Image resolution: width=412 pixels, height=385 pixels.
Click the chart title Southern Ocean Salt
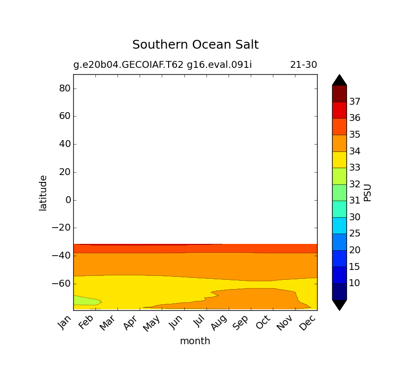[195, 45]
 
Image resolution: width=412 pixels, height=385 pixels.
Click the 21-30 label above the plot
[303, 64]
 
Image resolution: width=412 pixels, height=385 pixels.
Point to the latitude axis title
[43, 193]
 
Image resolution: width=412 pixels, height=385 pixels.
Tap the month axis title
[195, 341]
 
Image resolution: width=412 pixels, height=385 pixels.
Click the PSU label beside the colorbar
[367, 192]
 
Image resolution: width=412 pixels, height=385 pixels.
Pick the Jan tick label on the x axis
[65, 323]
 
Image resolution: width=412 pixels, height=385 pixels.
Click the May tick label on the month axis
[153, 323]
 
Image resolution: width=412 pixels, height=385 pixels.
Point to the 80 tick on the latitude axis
[64, 89]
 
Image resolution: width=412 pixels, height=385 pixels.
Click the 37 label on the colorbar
[355, 102]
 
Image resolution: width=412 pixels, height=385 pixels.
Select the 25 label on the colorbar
[355, 233]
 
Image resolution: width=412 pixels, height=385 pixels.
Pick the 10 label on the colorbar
[355, 283]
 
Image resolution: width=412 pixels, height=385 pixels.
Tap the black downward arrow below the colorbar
[339, 304]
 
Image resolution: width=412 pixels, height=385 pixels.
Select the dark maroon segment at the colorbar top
[339, 93]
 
